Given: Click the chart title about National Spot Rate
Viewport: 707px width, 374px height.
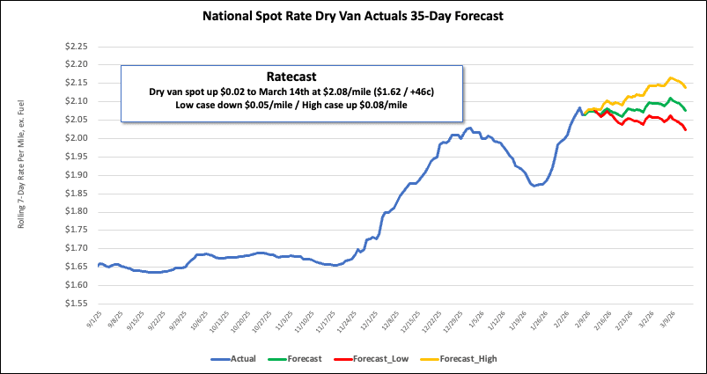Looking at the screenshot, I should click(x=353, y=16).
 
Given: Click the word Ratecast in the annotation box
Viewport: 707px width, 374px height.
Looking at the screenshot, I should click(x=291, y=76).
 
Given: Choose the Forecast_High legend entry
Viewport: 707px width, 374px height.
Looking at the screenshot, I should click(x=470, y=359).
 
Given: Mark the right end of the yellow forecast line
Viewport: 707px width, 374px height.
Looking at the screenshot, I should click(x=686, y=88).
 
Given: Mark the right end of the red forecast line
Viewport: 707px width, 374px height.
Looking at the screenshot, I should click(x=686, y=130).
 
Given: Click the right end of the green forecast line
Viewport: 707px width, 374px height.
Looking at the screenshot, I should click(x=686, y=111).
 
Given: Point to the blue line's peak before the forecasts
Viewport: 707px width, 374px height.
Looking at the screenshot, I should click(x=579, y=108).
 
